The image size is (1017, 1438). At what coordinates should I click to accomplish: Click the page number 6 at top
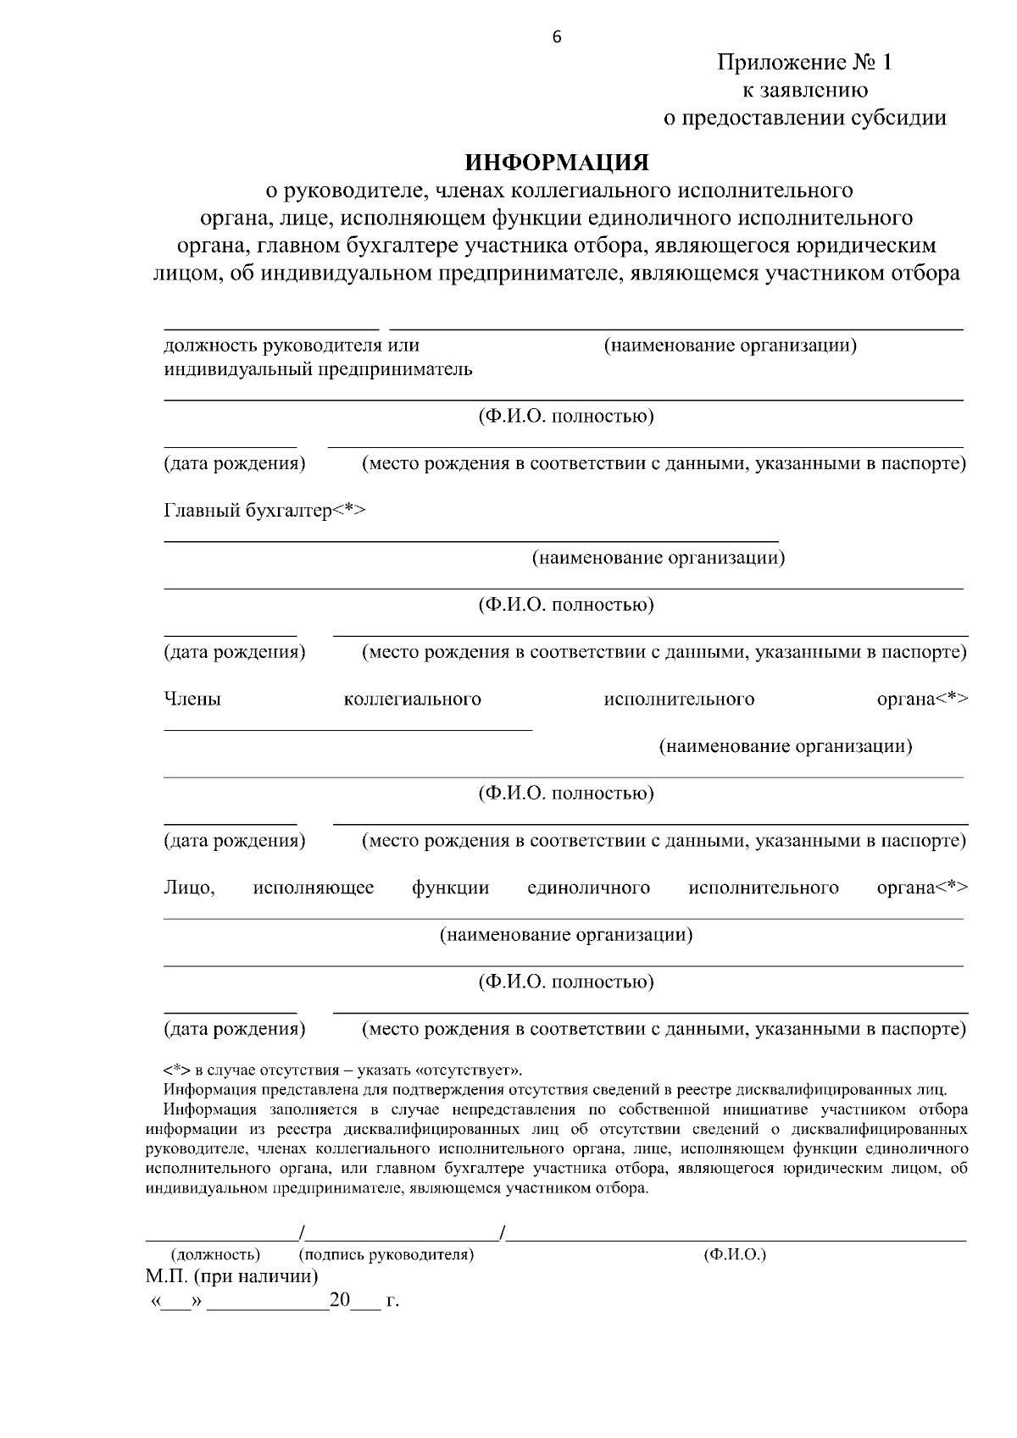point(557,36)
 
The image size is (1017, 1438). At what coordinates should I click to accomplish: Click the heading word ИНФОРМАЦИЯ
point(557,162)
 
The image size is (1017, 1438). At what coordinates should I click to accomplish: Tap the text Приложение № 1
point(804,63)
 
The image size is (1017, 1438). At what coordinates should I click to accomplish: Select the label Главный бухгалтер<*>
point(264,511)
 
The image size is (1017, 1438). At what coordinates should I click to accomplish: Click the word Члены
point(192,700)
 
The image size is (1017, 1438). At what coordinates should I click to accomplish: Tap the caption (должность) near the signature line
point(215,1254)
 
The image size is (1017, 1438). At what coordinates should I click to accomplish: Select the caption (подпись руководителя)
point(386,1254)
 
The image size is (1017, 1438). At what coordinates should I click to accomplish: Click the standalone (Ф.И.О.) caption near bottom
point(735,1254)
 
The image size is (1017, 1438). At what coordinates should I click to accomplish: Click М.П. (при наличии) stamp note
point(231,1276)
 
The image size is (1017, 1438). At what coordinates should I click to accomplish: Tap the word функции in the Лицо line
point(450,888)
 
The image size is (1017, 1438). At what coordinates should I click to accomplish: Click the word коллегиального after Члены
point(412,700)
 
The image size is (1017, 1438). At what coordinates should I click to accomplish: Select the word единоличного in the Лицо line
point(588,888)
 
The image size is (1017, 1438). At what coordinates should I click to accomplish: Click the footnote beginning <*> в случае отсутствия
point(342,1070)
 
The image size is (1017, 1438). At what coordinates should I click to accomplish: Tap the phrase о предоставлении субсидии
point(804,118)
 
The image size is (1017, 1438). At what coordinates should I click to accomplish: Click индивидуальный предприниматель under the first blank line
point(318,370)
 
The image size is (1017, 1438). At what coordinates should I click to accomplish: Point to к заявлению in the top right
point(804,91)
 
